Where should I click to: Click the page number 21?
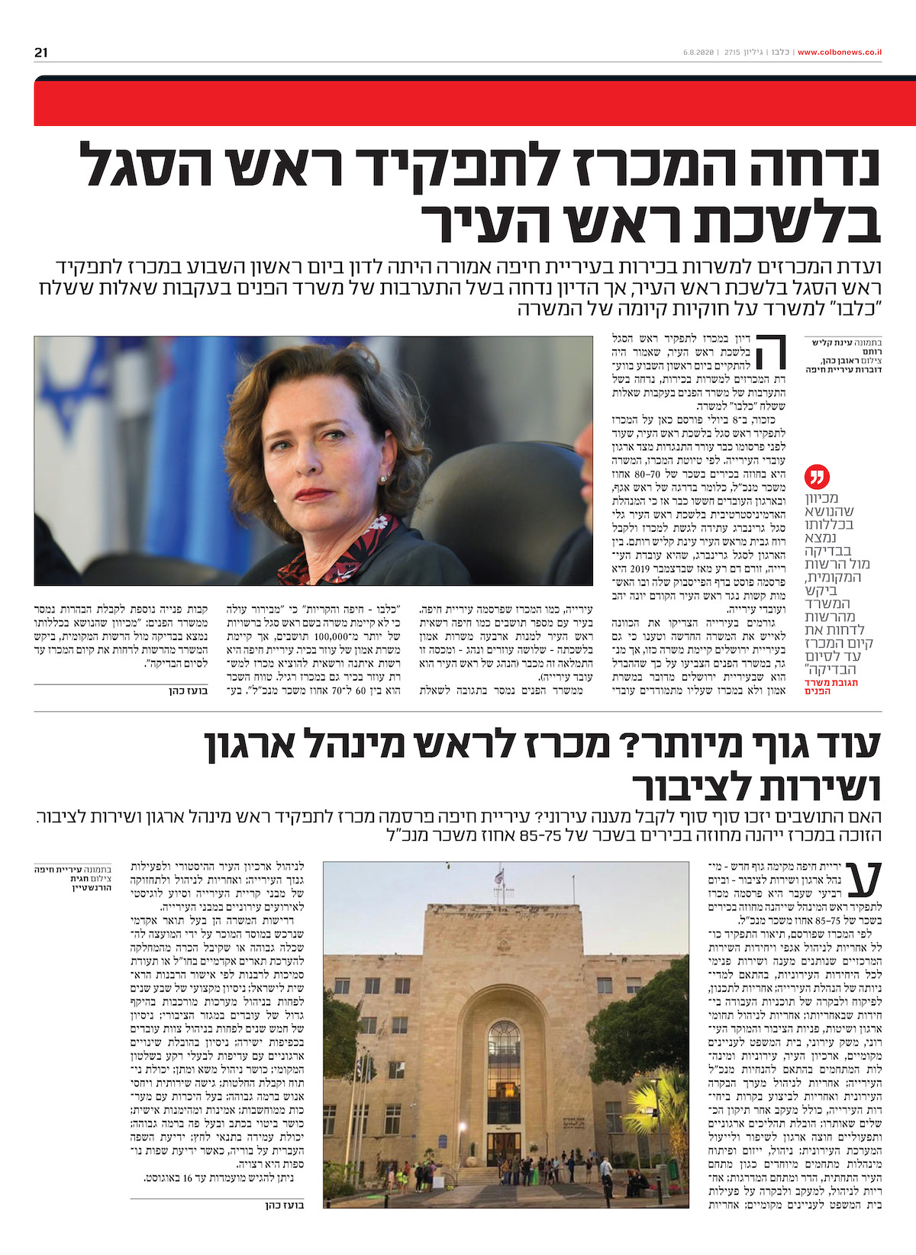point(41,53)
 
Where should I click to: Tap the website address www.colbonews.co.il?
point(840,53)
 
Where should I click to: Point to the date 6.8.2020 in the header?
point(698,53)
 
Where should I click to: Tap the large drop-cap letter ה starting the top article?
point(772,352)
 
